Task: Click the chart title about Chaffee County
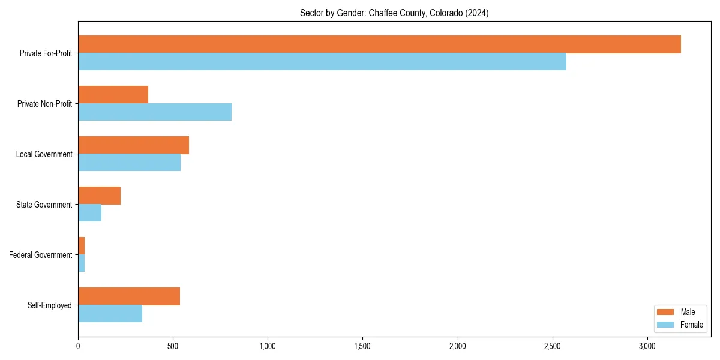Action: tap(394, 13)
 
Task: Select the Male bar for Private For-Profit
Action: tap(379, 44)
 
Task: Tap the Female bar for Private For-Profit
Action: tap(322, 62)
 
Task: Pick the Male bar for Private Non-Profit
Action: tap(113, 95)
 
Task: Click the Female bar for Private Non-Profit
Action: tap(155, 112)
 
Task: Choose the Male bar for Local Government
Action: tap(133, 145)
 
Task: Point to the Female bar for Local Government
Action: tap(129, 163)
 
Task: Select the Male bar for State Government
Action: tap(99, 196)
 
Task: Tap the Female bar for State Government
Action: tap(89, 213)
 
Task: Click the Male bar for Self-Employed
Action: tap(129, 296)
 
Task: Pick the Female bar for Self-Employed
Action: tap(110, 314)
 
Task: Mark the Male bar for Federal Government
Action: tap(82, 246)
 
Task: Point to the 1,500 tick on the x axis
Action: tap(362, 346)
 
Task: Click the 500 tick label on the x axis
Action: tap(173, 346)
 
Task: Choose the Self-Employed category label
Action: tap(50, 305)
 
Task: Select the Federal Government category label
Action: tap(41, 255)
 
